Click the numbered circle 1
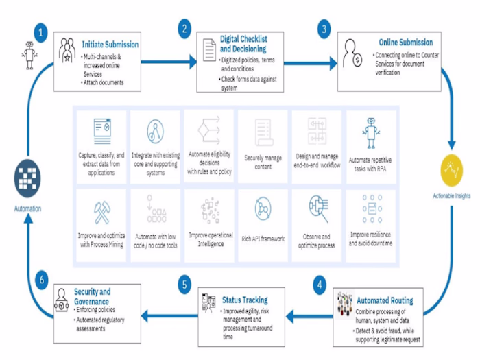pos(41,32)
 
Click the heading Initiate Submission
pos(110,45)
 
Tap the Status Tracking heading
pos(245,300)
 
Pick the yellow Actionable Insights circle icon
pos(452,170)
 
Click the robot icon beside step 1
pos(29,56)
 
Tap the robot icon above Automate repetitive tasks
pos(371,131)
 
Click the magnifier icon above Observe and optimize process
pos(317,206)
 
